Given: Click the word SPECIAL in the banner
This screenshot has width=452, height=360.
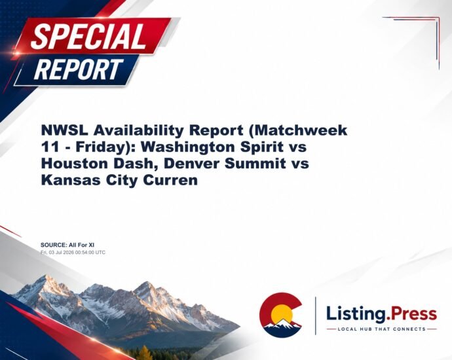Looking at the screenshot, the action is tap(88, 36).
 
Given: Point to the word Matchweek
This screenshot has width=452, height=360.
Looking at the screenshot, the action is tap(300, 130).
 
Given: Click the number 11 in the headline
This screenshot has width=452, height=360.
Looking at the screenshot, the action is tap(48, 147).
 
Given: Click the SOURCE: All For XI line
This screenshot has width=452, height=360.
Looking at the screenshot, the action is tap(67, 245).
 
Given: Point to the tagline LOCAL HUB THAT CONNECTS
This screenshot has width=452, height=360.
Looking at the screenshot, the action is tap(382, 329).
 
